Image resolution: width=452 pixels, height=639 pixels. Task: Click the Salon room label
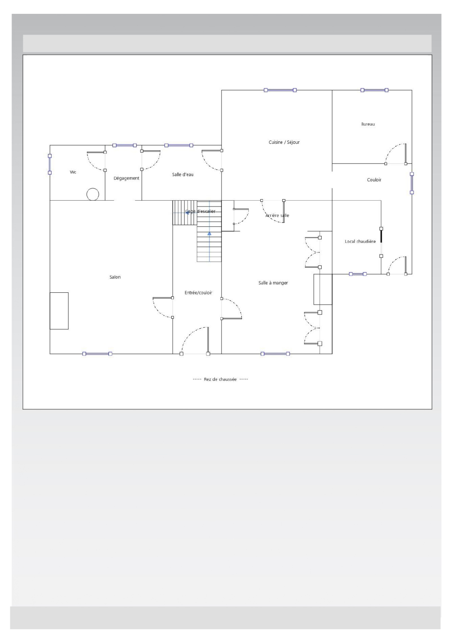point(115,277)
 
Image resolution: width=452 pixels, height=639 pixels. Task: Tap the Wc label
point(73,172)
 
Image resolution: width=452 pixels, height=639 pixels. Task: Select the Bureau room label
point(368,124)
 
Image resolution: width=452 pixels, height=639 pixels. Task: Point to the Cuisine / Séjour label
point(284,142)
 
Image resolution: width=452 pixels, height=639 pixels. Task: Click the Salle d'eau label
point(183,175)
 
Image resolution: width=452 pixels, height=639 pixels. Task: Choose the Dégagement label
point(126,178)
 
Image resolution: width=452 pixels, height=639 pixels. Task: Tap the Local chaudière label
point(360,241)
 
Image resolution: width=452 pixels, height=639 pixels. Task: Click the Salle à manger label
point(273,283)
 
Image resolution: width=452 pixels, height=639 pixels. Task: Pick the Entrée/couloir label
point(198,293)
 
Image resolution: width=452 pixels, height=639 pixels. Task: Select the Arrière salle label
point(277,215)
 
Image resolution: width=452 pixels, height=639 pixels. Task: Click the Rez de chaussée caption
point(220,379)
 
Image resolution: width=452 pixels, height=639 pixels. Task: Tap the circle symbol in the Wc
point(93,194)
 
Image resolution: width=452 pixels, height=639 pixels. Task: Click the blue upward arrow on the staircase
point(209,234)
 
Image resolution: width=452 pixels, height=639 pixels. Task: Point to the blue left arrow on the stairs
point(187,213)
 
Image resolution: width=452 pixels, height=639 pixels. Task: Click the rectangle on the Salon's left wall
point(59,311)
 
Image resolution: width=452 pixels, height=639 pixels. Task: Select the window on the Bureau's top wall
point(374,90)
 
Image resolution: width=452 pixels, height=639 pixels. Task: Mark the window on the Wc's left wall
point(50,164)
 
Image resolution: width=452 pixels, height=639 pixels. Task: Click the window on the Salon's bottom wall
point(97,354)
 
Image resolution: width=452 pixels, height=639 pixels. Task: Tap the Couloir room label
point(374,180)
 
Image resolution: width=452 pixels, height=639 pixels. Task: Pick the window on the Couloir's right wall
point(412,183)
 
